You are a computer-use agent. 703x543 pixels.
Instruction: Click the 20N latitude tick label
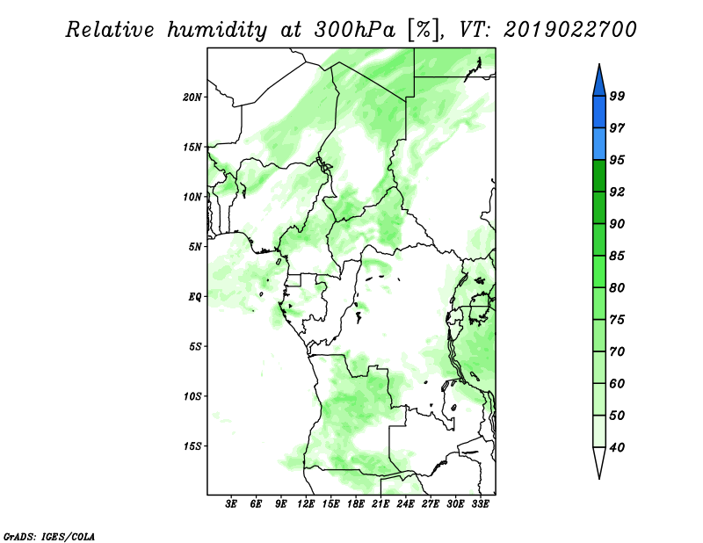(192, 98)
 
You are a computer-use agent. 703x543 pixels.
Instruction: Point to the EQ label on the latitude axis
(195, 297)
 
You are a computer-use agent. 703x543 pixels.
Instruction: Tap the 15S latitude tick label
(192, 446)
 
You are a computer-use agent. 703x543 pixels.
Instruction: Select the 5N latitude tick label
(195, 247)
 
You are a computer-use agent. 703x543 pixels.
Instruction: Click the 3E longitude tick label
(231, 504)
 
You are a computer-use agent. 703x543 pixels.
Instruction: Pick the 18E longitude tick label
(356, 504)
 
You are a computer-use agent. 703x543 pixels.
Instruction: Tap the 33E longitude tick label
(480, 504)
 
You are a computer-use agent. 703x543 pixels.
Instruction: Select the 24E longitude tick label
(405, 504)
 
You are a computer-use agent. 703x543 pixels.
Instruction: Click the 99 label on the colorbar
(617, 96)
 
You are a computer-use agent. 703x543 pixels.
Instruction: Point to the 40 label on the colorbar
(617, 447)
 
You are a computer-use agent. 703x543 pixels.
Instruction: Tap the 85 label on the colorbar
(617, 256)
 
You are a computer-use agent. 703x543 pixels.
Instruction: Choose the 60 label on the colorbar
(617, 383)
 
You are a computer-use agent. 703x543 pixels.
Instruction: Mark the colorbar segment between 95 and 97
(599, 144)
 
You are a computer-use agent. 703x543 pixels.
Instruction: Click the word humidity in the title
(217, 30)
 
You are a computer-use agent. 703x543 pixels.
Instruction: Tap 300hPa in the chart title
(355, 30)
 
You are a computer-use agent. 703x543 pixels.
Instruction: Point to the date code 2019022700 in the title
(569, 30)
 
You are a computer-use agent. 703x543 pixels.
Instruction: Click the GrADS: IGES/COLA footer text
(49, 537)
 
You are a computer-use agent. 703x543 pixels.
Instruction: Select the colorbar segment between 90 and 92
(599, 207)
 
